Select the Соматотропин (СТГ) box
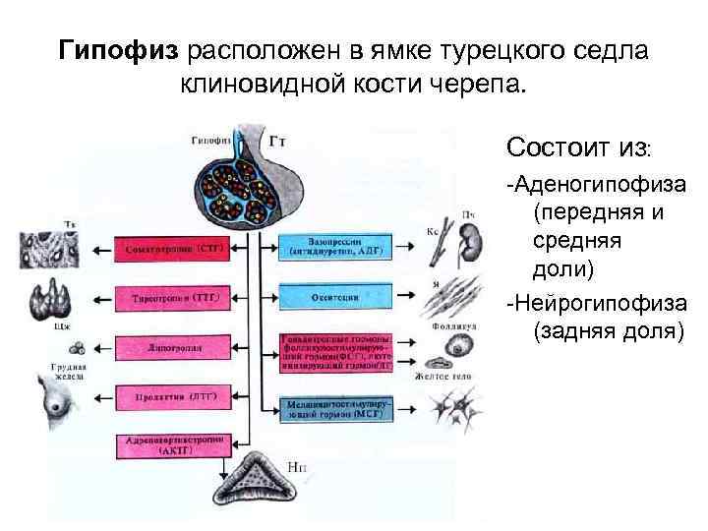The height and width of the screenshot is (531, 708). [172, 250]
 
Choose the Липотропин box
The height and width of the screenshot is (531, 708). [172, 347]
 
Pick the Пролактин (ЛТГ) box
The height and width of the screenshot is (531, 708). [172, 396]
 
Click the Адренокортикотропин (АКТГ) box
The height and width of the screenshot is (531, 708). [172, 445]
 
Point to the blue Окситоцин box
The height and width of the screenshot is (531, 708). [335, 296]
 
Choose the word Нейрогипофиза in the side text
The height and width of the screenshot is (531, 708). [600, 300]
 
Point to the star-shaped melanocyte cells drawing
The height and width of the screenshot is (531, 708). [459, 405]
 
